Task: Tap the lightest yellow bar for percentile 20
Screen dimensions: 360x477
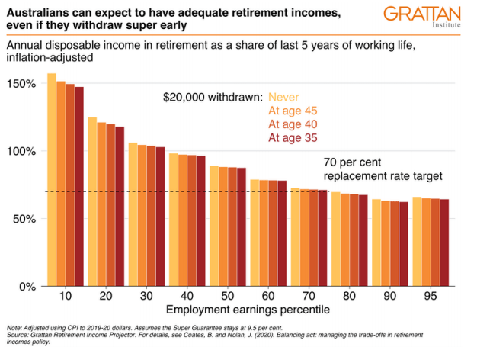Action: (x=92, y=202)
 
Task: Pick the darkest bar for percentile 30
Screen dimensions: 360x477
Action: (x=159, y=217)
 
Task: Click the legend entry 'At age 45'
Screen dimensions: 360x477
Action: (x=293, y=111)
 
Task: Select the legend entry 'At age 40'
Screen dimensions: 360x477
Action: (x=293, y=124)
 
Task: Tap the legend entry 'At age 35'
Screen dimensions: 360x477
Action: (x=293, y=138)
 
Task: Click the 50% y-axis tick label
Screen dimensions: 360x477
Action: (x=25, y=219)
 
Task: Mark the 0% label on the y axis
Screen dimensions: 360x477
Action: (x=28, y=287)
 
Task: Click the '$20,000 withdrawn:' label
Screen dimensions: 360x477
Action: (x=213, y=97)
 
